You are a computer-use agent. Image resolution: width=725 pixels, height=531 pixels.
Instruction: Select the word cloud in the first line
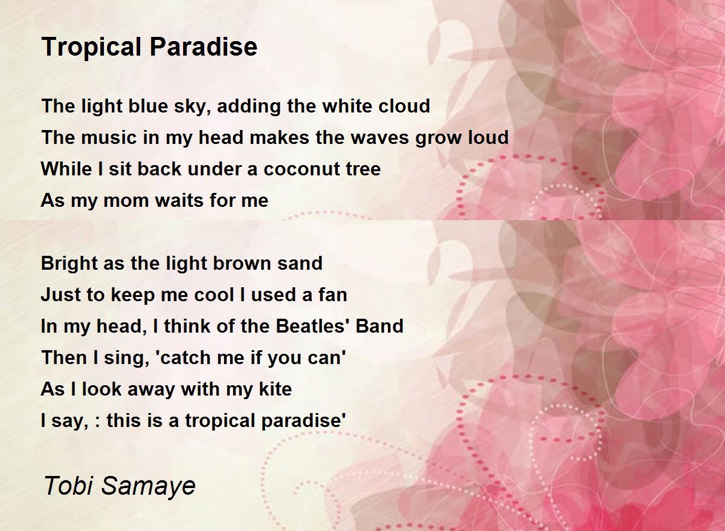tap(404, 106)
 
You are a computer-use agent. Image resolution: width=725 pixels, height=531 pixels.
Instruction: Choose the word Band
tap(379, 327)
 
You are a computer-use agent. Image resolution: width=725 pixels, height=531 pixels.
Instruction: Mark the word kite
tap(275, 389)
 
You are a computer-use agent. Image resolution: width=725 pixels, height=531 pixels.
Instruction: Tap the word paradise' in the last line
tap(303, 421)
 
